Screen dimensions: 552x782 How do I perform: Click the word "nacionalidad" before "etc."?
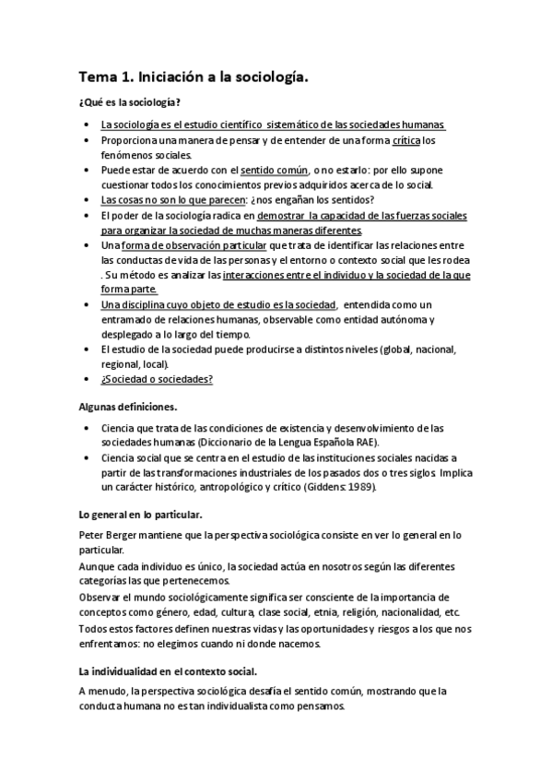(x=405, y=613)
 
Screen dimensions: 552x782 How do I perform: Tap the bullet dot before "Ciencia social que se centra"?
(x=86, y=456)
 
